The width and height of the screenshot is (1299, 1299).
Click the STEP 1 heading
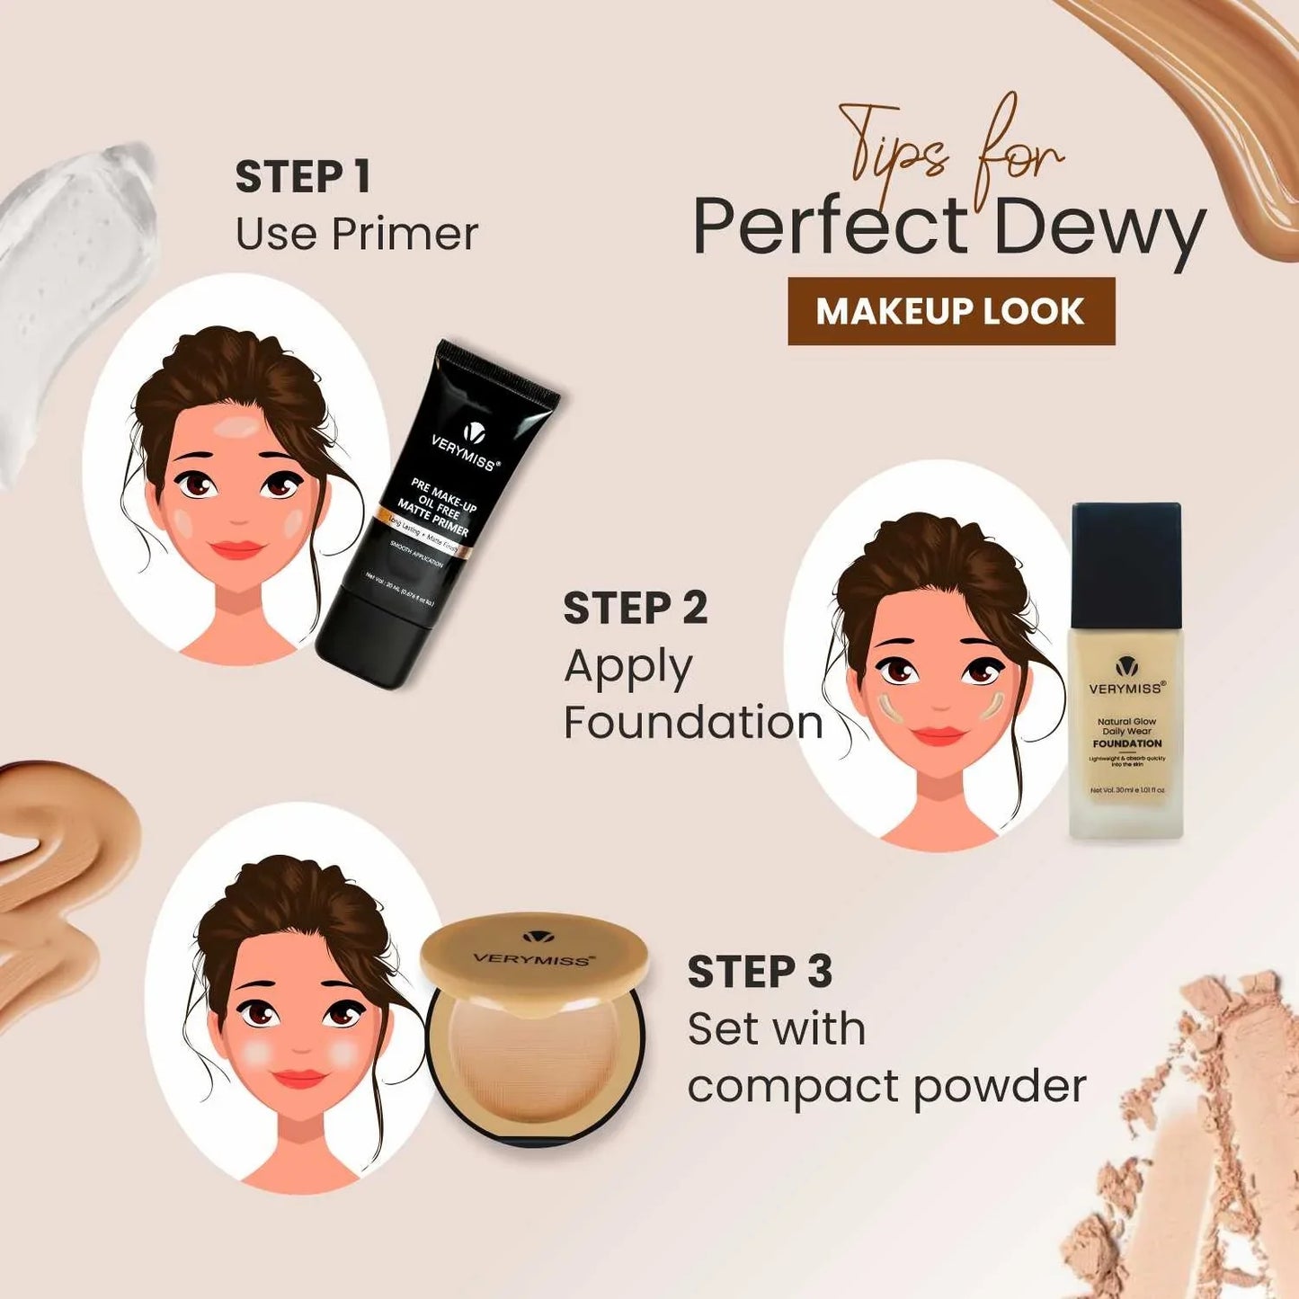(x=303, y=177)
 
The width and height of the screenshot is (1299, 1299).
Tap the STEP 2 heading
(x=636, y=609)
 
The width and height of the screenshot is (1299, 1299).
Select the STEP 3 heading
(x=760, y=973)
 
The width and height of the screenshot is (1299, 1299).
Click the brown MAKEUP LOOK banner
(x=951, y=311)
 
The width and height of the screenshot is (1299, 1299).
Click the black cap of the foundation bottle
(x=1126, y=562)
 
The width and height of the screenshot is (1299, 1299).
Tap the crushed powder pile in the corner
(x=1205, y=1142)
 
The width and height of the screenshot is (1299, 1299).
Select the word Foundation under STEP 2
(x=693, y=723)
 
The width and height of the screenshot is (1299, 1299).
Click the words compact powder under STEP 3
(x=886, y=1086)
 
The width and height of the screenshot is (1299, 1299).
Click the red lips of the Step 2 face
(x=939, y=736)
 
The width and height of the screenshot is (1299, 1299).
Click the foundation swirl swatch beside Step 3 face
(x=54, y=890)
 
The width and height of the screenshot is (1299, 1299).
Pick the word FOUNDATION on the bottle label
(x=1127, y=743)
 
